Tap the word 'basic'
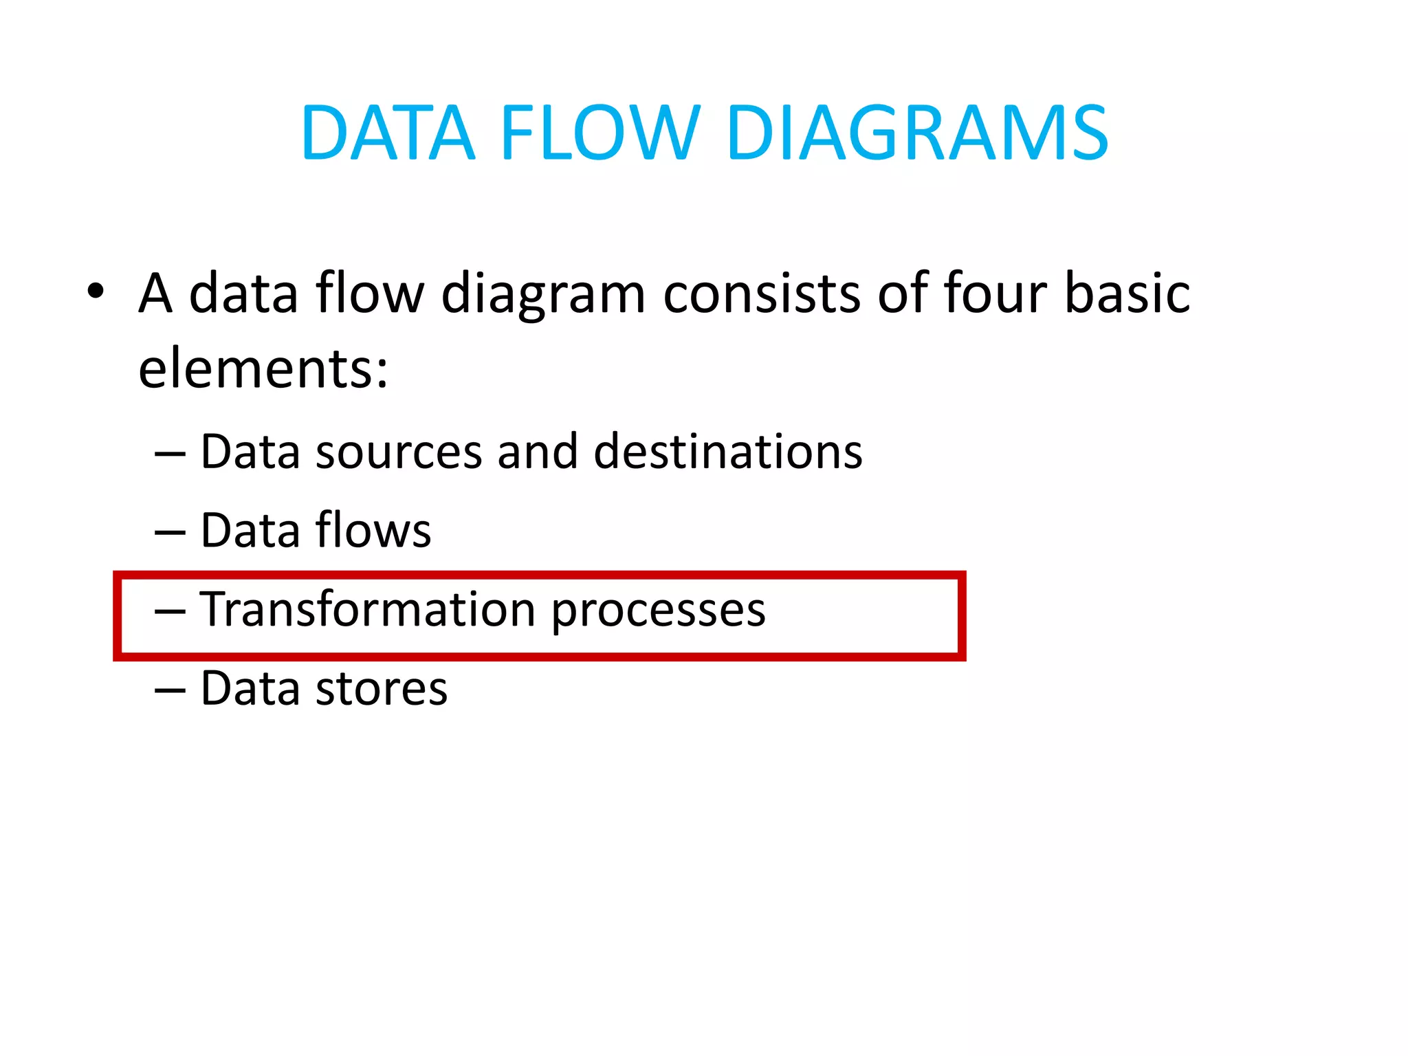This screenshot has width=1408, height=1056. (1127, 294)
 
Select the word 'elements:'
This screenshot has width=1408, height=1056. (263, 369)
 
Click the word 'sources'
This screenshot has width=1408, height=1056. (399, 453)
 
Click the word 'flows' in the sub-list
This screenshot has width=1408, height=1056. (373, 531)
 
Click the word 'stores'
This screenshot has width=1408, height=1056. (382, 689)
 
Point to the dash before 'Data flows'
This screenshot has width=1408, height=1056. (170, 533)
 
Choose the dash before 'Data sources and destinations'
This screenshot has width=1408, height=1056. (170, 454)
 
